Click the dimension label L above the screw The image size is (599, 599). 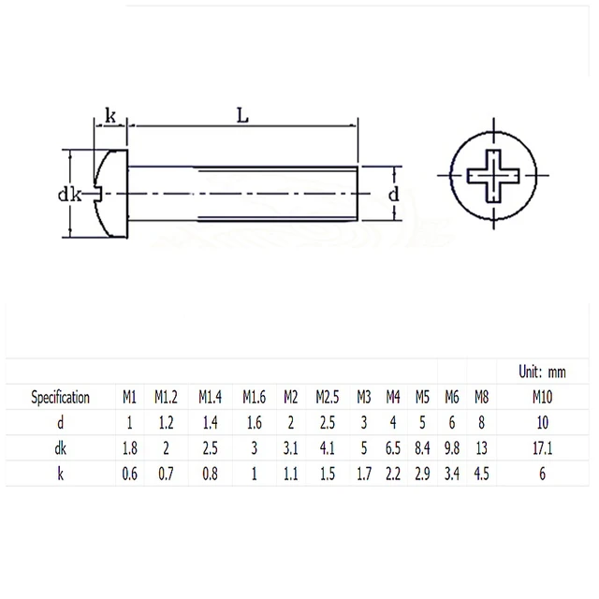pos(241,116)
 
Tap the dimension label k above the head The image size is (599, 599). pos(110,116)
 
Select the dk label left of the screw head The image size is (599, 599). pos(66,195)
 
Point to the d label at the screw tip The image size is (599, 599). pos(393,195)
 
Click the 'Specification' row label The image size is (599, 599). pos(61,397)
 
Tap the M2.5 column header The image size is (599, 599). pos(327,397)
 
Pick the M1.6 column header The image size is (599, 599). pos(254,397)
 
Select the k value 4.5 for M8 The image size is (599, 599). pos(481,474)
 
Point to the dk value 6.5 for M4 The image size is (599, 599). pos(393,448)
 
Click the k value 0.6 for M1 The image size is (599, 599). pos(130,474)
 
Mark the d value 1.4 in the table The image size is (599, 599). pos(210,423)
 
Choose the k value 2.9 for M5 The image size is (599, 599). pos(421,474)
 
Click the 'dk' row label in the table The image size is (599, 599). pos(61,448)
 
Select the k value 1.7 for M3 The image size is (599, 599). pos(364,474)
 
